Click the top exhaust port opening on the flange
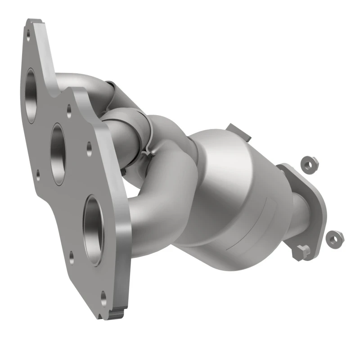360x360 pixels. tap(31, 95)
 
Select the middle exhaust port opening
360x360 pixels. tap(59, 153)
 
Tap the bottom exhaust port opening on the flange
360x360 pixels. tap(93, 230)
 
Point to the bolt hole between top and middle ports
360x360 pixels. tap(69, 109)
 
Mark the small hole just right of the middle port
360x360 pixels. tap(89, 146)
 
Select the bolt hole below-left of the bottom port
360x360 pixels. tap(72, 257)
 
